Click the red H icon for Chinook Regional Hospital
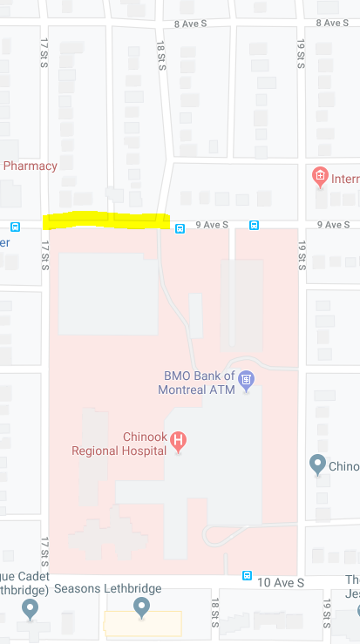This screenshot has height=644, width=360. click(x=179, y=441)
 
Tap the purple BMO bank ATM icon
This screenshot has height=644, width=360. click(x=247, y=379)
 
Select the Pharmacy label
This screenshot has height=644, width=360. click(x=31, y=166)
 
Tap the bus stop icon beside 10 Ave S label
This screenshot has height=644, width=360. click(x=248, y=576)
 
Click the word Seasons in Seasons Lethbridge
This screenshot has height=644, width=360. click(x=78, y=588)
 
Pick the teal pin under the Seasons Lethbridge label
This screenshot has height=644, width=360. click(x=141, y=606)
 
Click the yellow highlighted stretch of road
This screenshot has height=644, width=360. click(x=106, y=220)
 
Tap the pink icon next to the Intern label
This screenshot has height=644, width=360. click(x=320, y=178)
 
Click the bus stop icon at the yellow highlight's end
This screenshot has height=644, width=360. click(x=180, y=228)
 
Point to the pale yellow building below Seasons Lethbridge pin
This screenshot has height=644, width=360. click(x=142, y=623)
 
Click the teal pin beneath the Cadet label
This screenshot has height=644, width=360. click(x=31, y=607)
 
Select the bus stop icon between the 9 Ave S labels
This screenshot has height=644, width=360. click(x=254, y=225)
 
